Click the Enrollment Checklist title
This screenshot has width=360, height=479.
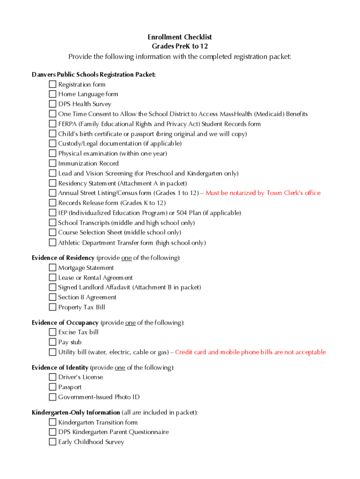tap(180, 37)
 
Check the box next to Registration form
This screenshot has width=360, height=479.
tap(52, 85)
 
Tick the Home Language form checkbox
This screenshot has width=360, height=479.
tap(52, 94)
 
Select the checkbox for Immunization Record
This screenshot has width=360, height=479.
tap(52, 164)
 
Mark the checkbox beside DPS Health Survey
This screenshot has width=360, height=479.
tap(52, 104)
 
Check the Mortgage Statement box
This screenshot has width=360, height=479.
tap(52, 268)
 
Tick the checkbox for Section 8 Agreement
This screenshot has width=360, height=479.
tap(52, 298)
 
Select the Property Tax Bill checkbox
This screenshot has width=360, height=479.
tap(52, 307)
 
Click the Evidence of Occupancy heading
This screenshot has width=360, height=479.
tap(65, 323)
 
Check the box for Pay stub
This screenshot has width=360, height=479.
tap(52, 342)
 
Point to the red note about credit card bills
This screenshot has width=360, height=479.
tap(250, 352)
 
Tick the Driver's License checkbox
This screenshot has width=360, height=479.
tap(52, 377)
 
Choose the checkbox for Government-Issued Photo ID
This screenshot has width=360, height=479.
tap(52, 397)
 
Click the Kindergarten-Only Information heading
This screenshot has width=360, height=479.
tap(76, 413)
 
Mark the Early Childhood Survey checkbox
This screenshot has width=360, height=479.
tap(52, 442)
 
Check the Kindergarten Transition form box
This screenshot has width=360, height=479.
tap(52, 422)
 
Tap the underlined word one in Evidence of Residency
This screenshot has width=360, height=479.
tap(126, 258)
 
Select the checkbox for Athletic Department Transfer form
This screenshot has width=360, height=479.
tap(52, 243)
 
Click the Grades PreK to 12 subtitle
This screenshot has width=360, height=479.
tap(180, 46)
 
